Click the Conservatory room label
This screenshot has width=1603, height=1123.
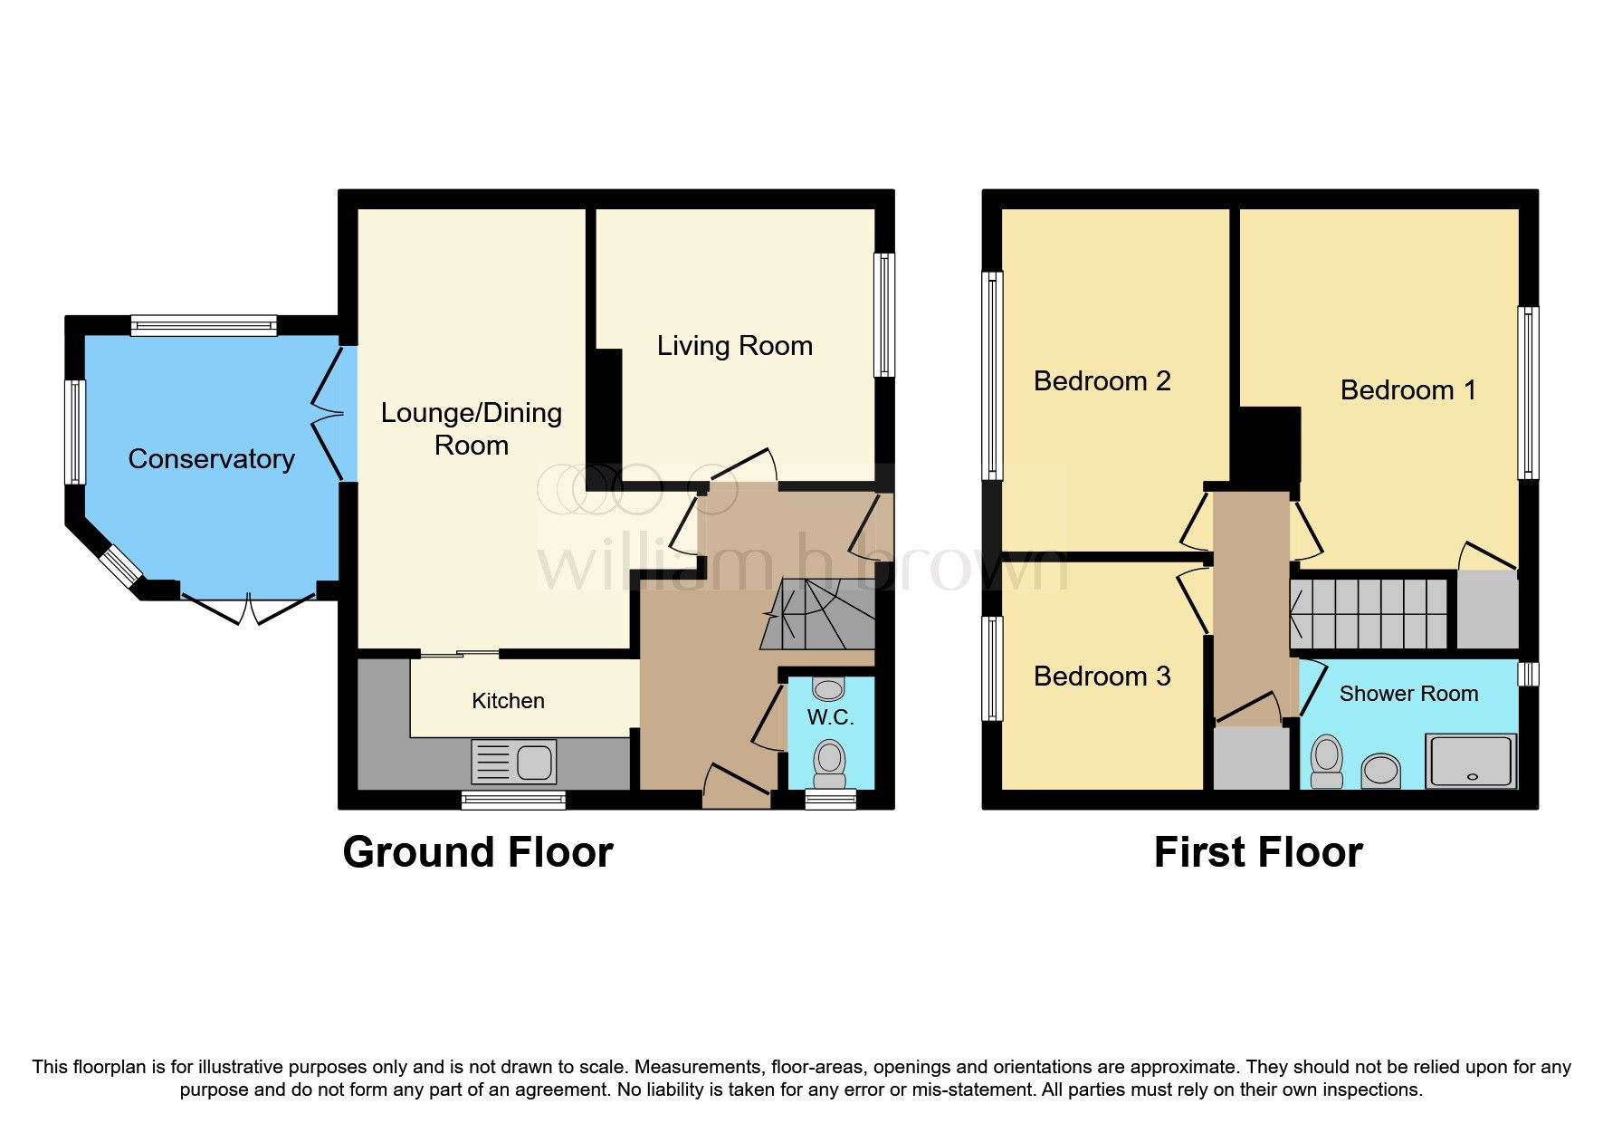[211, 459]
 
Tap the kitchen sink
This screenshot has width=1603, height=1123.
[512, 762]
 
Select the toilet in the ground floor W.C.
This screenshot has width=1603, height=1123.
[829, 763]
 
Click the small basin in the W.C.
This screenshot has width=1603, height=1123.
[828, 689]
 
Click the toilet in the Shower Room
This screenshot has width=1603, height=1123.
[1327, 761]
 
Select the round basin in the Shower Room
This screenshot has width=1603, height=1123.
[1381, 771]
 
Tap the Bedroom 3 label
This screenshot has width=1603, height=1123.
[1102, 677]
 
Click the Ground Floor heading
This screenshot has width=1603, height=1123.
[478, 853]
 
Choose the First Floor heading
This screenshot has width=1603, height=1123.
[1258, 853]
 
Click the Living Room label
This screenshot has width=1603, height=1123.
[734, 346]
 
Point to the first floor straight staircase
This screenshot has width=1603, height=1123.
[1369, 614]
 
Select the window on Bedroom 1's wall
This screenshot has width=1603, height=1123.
[1528, 392]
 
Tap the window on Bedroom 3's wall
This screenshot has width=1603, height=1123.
[993, 668]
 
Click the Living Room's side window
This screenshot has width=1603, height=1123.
[884, 314]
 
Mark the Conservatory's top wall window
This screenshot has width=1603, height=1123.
[204, 325]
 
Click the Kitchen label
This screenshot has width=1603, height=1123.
[508, 701]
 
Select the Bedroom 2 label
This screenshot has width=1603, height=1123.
[1102, 381]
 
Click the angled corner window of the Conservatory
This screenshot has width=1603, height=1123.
[120, 566]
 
